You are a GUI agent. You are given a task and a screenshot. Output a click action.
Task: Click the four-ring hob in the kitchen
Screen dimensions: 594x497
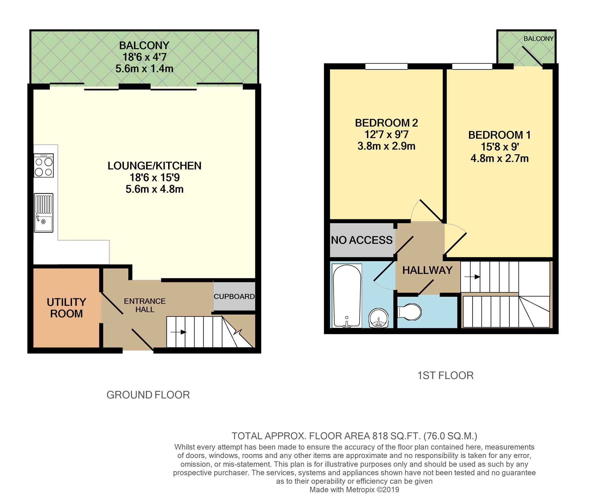(x=44, y=165)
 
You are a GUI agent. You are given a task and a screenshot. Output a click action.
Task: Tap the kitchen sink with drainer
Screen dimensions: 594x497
(x=44, y=212)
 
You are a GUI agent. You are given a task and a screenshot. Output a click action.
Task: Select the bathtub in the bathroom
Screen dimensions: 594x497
(x=347, y=296)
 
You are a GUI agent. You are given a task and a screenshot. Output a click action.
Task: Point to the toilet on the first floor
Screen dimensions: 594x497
(x=409, y=312)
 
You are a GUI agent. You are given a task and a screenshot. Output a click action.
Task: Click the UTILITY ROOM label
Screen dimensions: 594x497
(x=67, y=308)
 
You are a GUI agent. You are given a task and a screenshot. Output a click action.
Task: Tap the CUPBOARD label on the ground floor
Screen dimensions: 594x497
(x=234, y=296)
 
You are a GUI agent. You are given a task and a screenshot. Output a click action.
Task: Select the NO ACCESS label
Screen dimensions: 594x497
(x=362, y=240)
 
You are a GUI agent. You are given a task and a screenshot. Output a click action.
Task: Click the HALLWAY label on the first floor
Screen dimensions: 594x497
(x=427, y=270)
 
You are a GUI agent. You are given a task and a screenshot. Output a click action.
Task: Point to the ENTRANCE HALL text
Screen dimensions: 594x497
(x=145, y=305)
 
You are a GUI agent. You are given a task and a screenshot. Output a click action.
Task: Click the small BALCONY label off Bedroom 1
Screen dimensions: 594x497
(x=538, y=39)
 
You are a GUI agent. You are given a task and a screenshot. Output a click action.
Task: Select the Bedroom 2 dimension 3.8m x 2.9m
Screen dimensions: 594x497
(x=386, y=146)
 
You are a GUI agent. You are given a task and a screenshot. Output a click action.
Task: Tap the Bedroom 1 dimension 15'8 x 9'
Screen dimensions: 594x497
(x=500, y=147)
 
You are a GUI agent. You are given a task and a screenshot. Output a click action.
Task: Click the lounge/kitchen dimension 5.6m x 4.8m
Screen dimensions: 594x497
(x=154, y=189)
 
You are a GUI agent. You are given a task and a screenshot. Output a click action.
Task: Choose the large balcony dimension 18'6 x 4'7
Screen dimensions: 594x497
(x=145, y=57)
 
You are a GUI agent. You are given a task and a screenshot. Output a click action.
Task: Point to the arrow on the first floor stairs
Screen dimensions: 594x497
(x=472, y=277)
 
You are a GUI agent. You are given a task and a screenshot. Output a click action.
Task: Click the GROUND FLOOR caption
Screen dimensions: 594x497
(x=148, y=395)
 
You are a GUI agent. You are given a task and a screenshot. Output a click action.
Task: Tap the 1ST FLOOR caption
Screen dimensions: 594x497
(x=445, y=376)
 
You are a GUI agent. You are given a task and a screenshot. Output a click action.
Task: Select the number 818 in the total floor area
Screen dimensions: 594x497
(x=380, y=436)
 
